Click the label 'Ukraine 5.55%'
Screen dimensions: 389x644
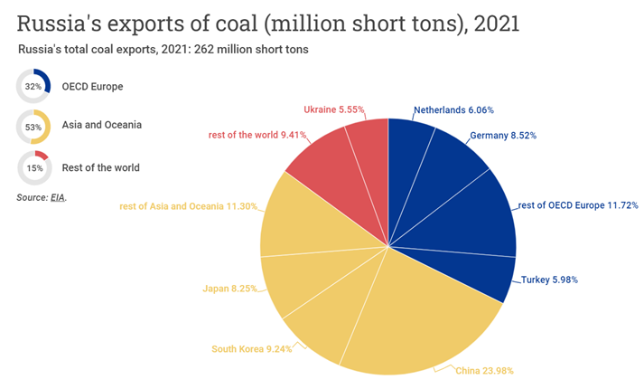(x=334, y=109)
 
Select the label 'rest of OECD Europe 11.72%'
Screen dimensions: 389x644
(x=578, y=206)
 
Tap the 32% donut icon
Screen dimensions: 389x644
(x=33, y=87)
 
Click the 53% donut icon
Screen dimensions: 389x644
(x=33, y=127)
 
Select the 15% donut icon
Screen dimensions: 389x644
(x=33, y=167)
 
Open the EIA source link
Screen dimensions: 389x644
(x=59, y=196)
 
